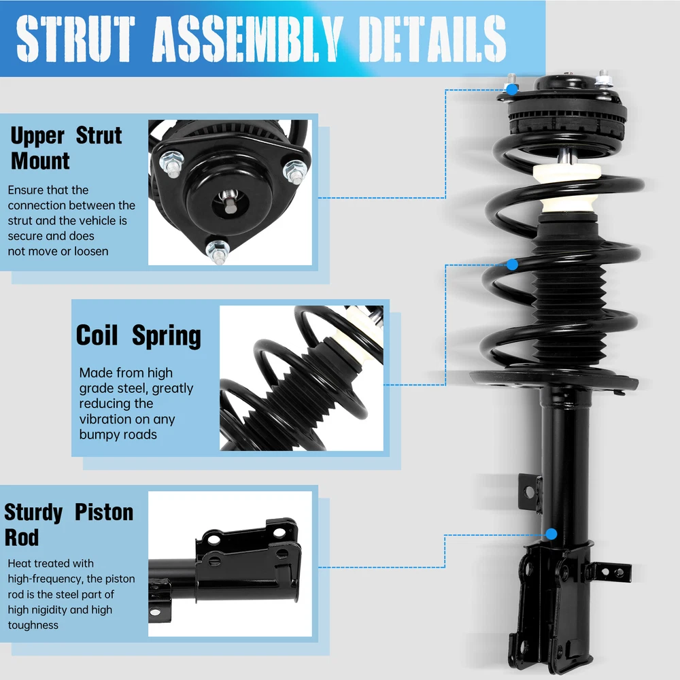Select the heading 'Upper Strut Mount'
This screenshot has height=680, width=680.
(65, 148)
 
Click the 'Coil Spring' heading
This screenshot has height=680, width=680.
(139, 336)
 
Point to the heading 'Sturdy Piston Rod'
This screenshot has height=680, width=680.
(68, 524)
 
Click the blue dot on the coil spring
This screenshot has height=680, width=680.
(512, 264)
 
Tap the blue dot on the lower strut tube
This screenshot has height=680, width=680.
(551, 534)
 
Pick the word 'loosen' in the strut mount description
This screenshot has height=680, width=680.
(88, 251)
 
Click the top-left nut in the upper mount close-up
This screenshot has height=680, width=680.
(170, 163)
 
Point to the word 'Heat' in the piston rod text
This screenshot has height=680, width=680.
(19, 564)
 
